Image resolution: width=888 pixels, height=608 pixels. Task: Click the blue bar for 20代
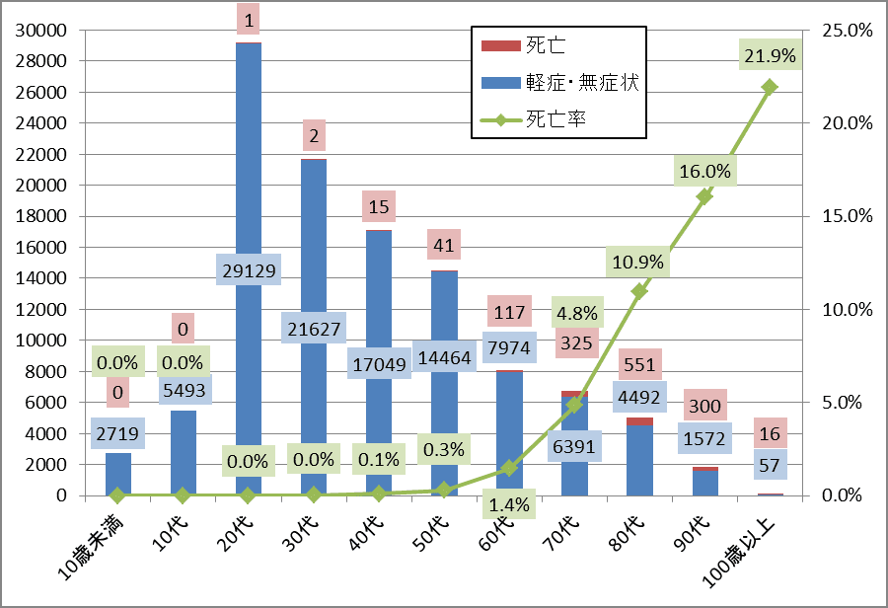pyautogui.click(x=248, y=148)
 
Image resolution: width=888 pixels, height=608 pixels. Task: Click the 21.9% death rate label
pyautogui.click(x=771, y=56)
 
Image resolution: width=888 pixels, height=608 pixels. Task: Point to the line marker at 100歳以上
pyautogui.click(x=771, y=87)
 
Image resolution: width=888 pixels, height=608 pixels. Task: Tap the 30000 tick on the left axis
pyautogui.click(x=42, y=31)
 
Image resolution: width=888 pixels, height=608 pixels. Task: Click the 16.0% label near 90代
pyautogui.click(x=704, y=171)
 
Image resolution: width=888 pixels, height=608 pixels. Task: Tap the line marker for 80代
pyautogui.click(x=639, y=292)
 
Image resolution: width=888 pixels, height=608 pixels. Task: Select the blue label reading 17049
pyautogui.click(x=378, y=364)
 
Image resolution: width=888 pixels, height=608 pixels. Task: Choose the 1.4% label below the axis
pyautogui.click(x=509, y=504)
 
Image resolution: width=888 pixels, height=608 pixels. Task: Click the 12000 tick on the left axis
pyautogui.click(x=42, y=309)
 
